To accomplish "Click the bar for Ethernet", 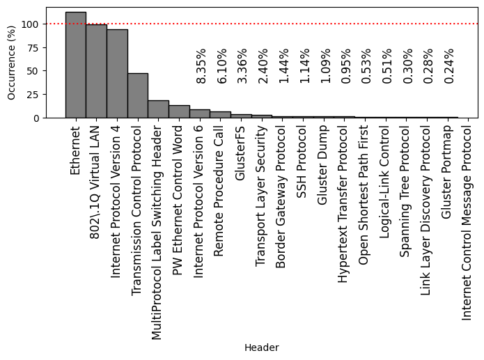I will click(75, 65).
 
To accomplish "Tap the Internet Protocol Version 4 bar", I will click(117, 73).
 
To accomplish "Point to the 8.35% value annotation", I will click(201, 66).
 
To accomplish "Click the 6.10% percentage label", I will click(221, 66).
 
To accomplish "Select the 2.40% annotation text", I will click(263, 66).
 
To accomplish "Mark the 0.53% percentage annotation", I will click(366, 66).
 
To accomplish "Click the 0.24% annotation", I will click(449, 66).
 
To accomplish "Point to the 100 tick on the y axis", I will click(31, 24).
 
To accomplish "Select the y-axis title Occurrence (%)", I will click(12, 63).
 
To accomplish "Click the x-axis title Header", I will click(261, 347).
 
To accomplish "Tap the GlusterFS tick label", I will click(241, 153).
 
